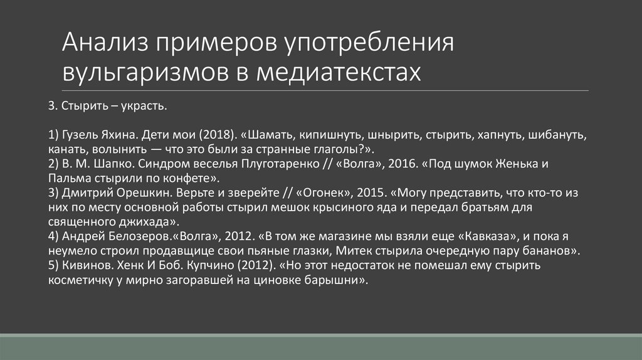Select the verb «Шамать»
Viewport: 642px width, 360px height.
pyautogui.click(x=269, y=135)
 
